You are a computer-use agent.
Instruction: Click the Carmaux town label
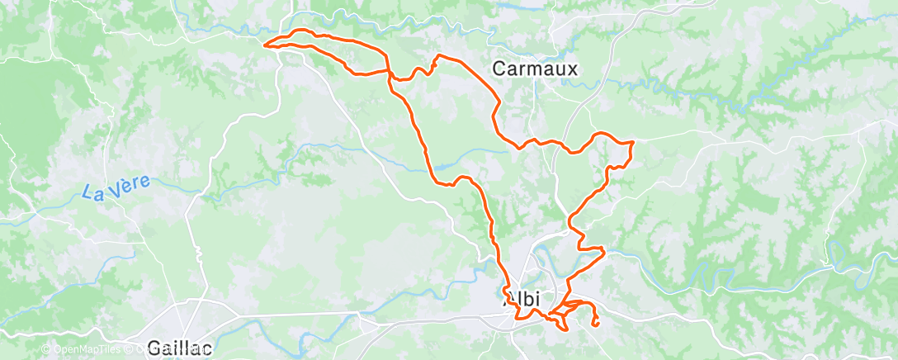534,69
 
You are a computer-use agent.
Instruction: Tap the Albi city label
521,299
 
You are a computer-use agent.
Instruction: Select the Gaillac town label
177,347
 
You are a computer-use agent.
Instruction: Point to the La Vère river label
116,187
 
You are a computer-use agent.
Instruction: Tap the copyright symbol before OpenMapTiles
45,350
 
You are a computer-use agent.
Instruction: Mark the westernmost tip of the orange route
264,44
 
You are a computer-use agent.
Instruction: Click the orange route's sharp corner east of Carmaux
632,143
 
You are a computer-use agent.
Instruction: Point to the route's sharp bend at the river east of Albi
604,249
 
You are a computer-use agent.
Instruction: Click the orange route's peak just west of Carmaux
437,55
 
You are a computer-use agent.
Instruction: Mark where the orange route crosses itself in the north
387,71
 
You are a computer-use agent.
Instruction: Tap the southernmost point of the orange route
565,330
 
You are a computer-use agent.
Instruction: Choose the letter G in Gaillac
154,347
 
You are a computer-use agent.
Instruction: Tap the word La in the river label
92,192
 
